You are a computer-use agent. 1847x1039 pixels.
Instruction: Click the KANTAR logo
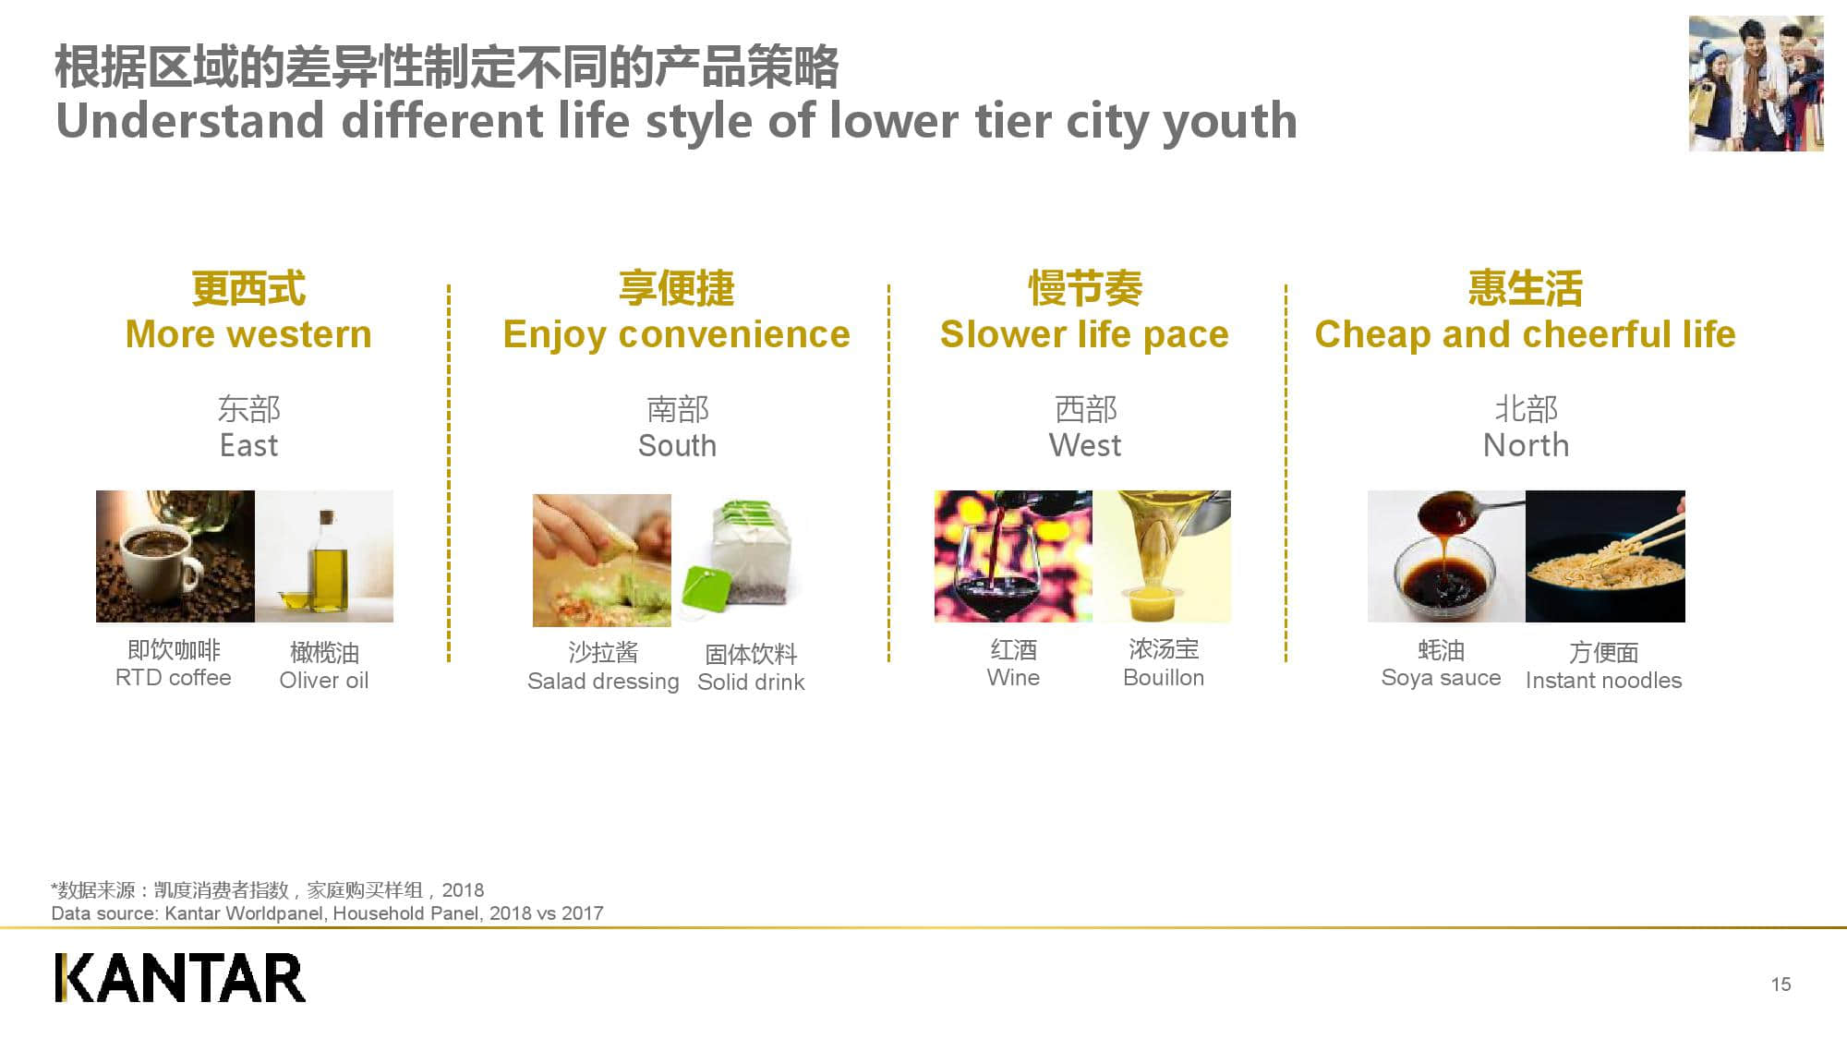point(179,978)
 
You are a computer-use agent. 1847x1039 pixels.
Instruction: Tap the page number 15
point(1781,985)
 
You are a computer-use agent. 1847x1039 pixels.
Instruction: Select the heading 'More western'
point(248,334)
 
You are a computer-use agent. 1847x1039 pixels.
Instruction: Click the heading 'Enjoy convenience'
point(676,334)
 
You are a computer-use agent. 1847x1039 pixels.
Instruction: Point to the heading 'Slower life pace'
point(1084,334)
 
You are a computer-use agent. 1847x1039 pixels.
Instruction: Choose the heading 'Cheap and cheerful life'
point(1525,334)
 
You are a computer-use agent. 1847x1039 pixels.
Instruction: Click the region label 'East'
point(248,446)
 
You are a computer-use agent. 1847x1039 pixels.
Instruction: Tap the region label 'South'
point(677,446)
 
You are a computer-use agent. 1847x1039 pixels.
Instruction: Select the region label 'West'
point(1085,446)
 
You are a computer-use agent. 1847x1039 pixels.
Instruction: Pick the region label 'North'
point(1526,446)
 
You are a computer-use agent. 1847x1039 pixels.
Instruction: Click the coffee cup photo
point(175,556)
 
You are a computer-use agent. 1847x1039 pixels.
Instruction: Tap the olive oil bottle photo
point(324,556)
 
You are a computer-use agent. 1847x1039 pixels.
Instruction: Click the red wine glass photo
point(1012,556)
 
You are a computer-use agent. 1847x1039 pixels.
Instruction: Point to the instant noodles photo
point(1605,556)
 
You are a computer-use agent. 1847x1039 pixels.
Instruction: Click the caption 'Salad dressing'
point(603,682)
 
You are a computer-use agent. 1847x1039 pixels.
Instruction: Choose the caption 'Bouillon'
point(1164,678)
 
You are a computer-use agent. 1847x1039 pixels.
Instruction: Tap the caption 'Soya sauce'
point(1441,678)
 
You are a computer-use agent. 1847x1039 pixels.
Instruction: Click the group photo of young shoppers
point(1756,83)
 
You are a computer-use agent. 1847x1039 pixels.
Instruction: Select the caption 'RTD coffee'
point(174,678)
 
